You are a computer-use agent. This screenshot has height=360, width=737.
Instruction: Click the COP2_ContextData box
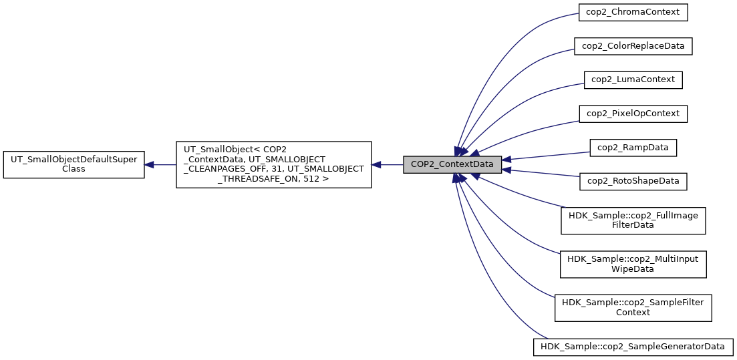pyautogui.click(x=452, y=164)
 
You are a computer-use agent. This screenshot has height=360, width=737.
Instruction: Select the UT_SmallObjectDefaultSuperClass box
pyautogui.click(x=73, y=164)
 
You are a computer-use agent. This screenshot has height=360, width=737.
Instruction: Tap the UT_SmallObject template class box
pyautogui.click(x=273, y=164)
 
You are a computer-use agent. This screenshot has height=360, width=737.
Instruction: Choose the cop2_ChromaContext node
pyautogui.click(x=633, y=13)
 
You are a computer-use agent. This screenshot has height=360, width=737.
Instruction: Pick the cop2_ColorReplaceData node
pyautogui.click(x=633, y=46)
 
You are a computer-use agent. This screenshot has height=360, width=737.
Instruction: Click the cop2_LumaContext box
pyautogui.click(x=633, y=79)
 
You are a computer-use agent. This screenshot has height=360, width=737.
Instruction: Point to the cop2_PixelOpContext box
pyautogui.click(x=633, y=114)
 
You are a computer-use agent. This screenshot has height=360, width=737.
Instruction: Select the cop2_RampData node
pyautogui.click(x=633, y=147)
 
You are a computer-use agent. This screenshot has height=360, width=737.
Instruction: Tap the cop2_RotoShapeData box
pyautogui.click(x=633, y=180)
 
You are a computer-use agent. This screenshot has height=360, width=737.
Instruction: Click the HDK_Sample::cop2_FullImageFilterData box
pyautogui.click(x=633, y=220)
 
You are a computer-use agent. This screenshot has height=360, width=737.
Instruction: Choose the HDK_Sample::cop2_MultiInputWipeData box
pyautogui.click(x=633, y=263)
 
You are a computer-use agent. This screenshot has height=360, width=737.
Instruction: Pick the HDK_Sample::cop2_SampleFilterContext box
pyautogui.click(x=633, y=307)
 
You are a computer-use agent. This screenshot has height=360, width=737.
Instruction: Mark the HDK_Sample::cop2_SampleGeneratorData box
pyautogui.click(x=633, y=347)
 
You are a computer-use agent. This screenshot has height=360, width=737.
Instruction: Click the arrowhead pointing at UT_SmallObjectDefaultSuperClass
pyautogui.click(x=150, y=164)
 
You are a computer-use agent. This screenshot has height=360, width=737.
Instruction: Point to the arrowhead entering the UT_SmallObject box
pyautogui.click(x=377, y=164)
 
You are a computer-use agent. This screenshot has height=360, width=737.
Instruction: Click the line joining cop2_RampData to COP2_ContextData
pyautogui.click(x=548, y=155)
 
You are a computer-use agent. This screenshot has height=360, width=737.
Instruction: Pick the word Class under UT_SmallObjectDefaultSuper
pyautogui.click(x=73, y=169)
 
